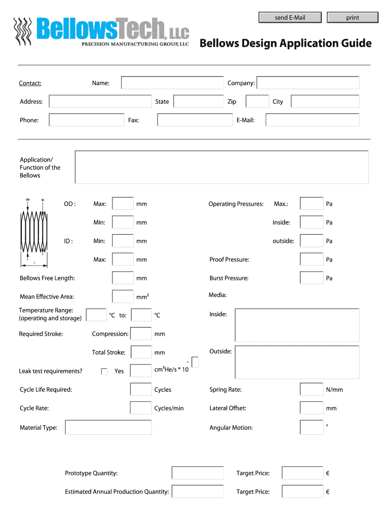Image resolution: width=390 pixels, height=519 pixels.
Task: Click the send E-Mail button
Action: pos(290,18)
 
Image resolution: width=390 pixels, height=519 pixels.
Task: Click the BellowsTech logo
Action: pos(101,31)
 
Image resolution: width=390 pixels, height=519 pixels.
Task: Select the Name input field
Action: pos(172,83)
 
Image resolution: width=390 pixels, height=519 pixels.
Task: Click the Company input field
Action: pos(308,83)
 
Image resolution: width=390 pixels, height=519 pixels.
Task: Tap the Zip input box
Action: pos(257,101)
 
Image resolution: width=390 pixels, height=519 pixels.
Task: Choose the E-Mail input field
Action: pos(312,120)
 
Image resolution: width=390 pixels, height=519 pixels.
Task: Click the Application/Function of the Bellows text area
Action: pos(221,167)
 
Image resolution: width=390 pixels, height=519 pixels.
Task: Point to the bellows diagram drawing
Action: pos(34,232)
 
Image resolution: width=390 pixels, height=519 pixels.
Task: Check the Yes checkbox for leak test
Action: pos(104,372)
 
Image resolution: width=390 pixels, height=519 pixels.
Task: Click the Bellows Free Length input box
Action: pos(123,278)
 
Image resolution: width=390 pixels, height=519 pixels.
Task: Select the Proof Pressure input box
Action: pos(311,259)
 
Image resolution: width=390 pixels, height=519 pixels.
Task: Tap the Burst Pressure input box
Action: pos(311,278)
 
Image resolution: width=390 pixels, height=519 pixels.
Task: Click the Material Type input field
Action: pos(108,428)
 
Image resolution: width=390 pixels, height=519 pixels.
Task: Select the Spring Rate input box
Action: pos(311,390)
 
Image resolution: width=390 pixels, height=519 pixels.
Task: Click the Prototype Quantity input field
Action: pos(198,473)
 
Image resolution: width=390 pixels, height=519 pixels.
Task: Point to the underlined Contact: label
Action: pos(30,83)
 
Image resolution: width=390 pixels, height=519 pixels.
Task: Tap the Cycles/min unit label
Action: pos(169,409)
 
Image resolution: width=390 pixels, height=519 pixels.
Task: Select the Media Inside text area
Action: pos(297,325)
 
